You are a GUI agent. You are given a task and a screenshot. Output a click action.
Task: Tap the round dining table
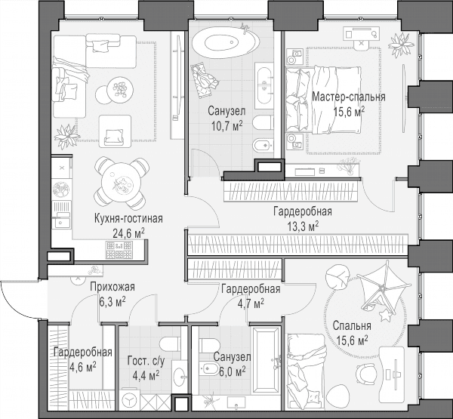point(122,183)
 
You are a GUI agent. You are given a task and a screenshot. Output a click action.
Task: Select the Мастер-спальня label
point(349,97)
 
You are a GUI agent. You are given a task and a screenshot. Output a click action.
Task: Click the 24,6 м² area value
point(129,233)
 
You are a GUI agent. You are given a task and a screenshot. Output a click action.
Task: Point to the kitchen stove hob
point(119,250)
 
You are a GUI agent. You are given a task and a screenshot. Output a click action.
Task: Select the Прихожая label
point(112,287)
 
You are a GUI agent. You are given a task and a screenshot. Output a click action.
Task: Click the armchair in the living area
point(115,131)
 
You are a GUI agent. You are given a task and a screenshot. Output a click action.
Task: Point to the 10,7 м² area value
point(227,126)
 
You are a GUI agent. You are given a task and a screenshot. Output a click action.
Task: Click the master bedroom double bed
point(324,100)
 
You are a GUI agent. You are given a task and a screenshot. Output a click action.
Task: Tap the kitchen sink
point(61,214)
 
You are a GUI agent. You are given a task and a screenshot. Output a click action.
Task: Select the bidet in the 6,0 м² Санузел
point(209,368)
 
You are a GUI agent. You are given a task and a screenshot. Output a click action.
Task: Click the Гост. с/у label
point(146,361)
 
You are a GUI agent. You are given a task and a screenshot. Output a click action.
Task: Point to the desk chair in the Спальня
point(365,374)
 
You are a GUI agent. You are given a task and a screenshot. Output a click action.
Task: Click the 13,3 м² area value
point(303,226)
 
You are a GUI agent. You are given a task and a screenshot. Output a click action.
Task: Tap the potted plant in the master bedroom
point(402,45)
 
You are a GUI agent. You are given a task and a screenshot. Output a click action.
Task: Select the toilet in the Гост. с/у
point(171,344)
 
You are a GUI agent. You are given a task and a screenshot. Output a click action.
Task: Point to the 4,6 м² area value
point(83,367)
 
